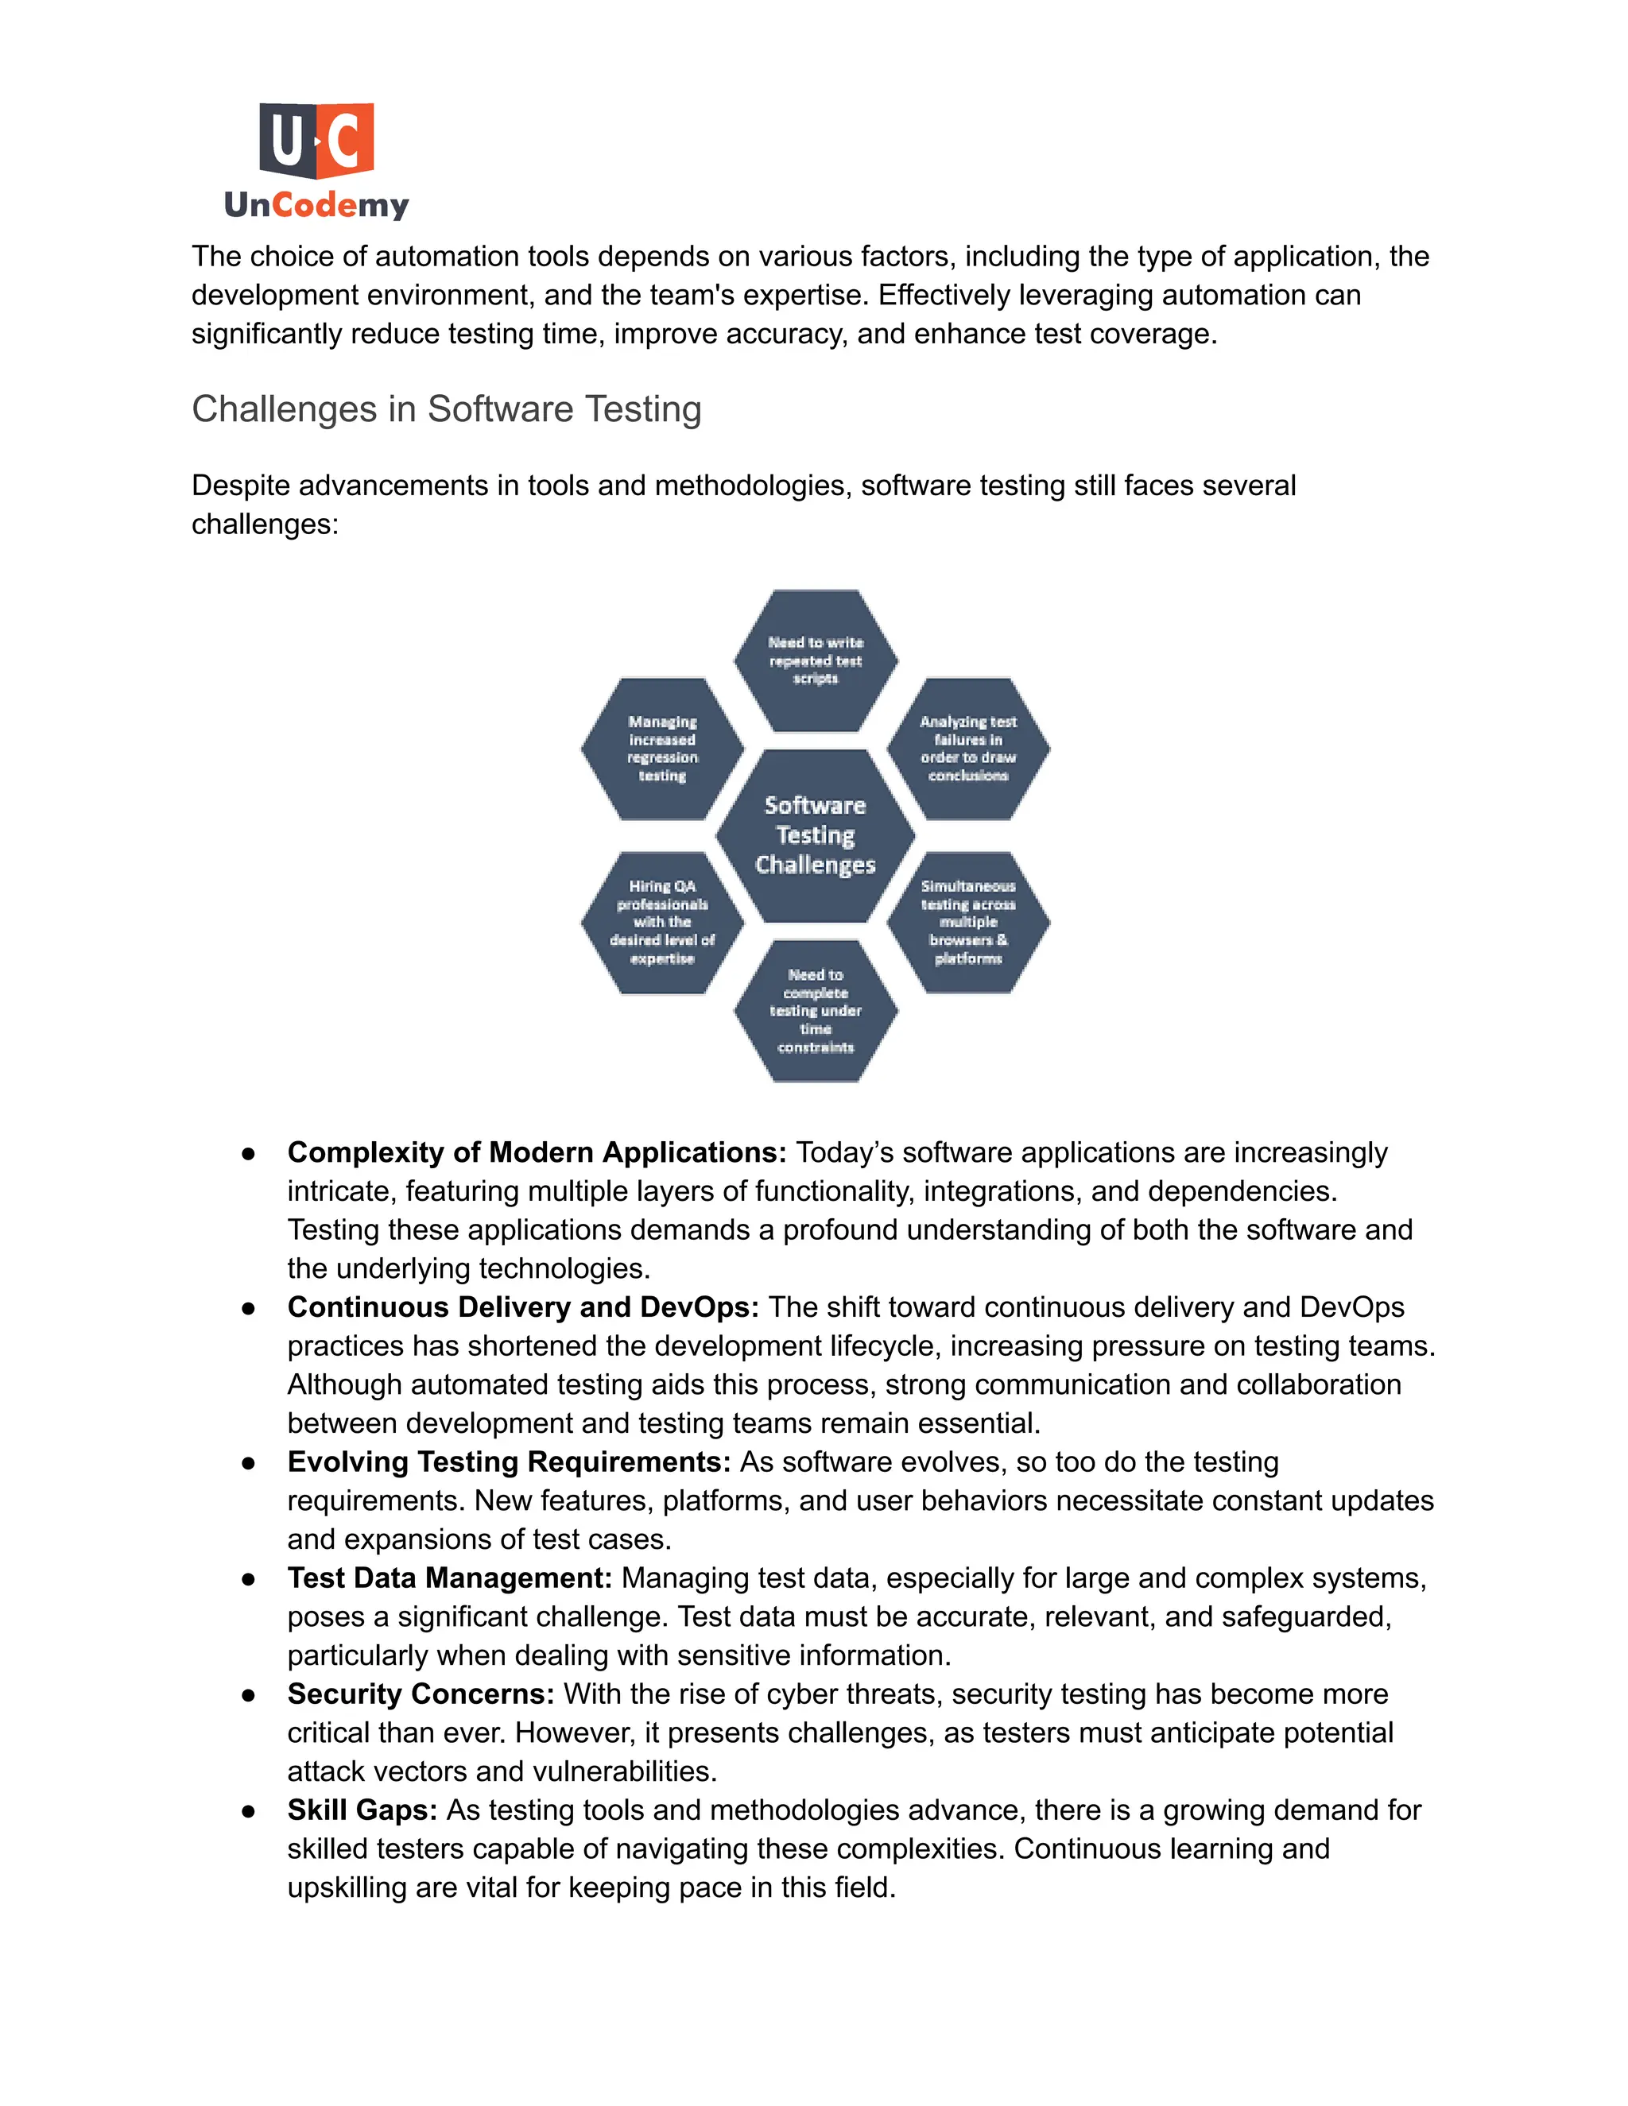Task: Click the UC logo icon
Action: pyautogui.click(x=316, y=141)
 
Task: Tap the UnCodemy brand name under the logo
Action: pyautogui.click(x=316, y=204)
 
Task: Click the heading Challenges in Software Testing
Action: pyautogui.click(x=447, y=408)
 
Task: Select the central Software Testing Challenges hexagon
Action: pyautogui.click(x=815, y=835)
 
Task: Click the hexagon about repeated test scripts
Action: pyautogui.click(x=815, y=660)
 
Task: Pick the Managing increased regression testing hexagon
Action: pyautogui.click(x=663, y=749)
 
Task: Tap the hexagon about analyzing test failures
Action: pyautogui.click(x=967, y=749)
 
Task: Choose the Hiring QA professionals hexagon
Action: pyautogui.click(x=663, y=922)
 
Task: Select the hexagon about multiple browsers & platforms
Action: pyautogui.click(x=967, y=922)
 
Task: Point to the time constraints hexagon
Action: pyautogui.click(x=815, y=1011)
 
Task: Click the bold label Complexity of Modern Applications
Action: pyautogui.click(x=537, y=1152)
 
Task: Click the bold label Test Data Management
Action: pyautogui.click(x=449, y=1578)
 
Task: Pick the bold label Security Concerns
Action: pyautogui.click(x=421, y=1694)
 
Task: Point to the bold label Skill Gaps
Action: pyautogui.click(x=362, y=1810)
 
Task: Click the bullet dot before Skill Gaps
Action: pyautogui.click(x=249, y=1811)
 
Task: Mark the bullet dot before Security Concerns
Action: pyautogui.click(x=249, y=1695)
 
